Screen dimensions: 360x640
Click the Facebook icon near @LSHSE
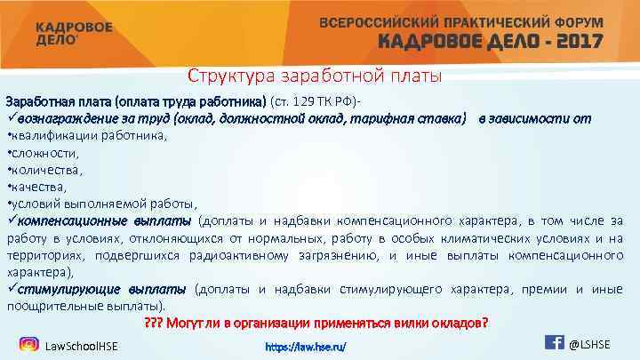tap(553, 342)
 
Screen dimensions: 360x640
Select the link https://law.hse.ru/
tap(307, 345)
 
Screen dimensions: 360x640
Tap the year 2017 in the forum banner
tap(572, 41)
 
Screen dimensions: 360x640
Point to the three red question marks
tap(154, 322)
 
